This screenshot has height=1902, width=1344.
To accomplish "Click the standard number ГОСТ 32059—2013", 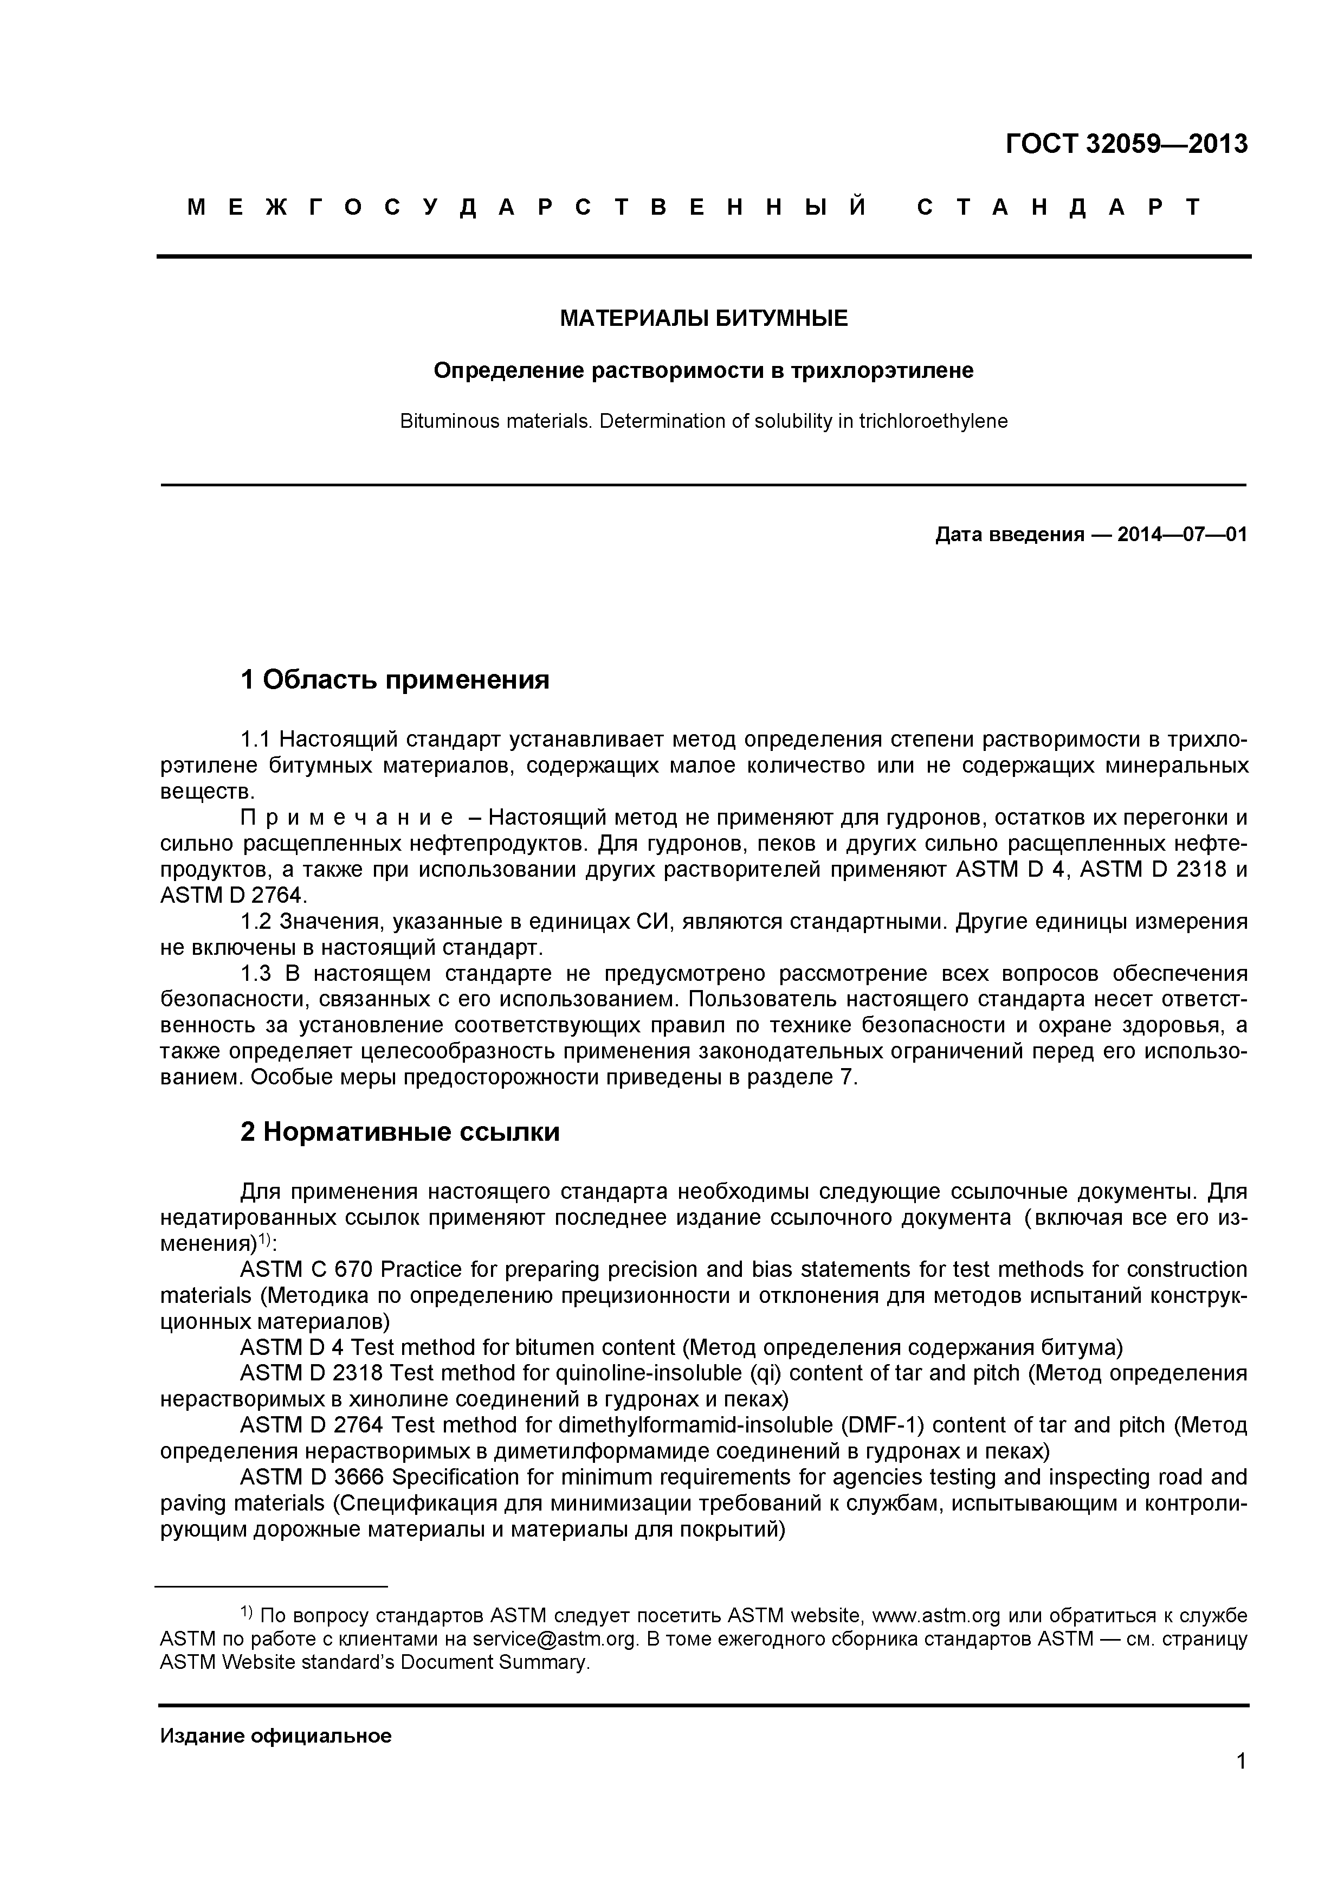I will click(x=1126, y=144).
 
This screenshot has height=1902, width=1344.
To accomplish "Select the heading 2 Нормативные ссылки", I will click(x=399, y=1132).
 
